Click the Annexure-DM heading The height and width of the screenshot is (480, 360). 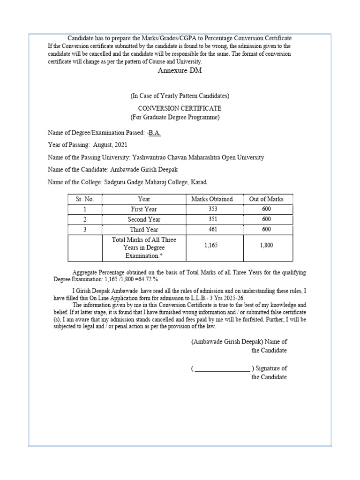pyautogui.click(x=180, y=70)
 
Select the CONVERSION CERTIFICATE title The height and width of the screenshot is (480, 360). pyautogui.click(x=180, y=108)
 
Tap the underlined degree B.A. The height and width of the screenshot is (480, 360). pyautogui.click(x=154, y=133)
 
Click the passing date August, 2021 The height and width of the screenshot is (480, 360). pyautogui.click(x=110, y=145)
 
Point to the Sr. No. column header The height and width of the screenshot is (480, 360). pyautogui.click(x=85, y=199)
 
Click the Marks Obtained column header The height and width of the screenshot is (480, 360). pyautogui.click(x=212, y=199)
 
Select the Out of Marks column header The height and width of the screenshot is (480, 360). pyautogui.click(x=266, y=199)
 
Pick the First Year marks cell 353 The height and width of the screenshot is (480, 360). pyautogui.click(x=213, y=210)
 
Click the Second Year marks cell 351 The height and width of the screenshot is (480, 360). pyautogui.click(x=213, y=219)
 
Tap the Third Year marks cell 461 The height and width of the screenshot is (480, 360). pyautogui.click(x=213, y=230)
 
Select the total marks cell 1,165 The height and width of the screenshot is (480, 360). pyautogui.click(x=213, y=245)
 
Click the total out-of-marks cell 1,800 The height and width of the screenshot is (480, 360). pyautogui.click(x=266, y=245)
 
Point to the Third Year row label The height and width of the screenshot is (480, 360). pyautogui.click(x=144, y=230)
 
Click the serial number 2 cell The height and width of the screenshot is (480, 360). pyautogui.click(x=85, y=219)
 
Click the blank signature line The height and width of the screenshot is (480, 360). pyautogui.click(x=222, y=369)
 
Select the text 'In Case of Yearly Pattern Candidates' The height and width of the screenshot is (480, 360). pyautogui.click(x=180, y=96)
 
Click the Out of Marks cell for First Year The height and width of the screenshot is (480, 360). pyautogui.click(x=266, y=210)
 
